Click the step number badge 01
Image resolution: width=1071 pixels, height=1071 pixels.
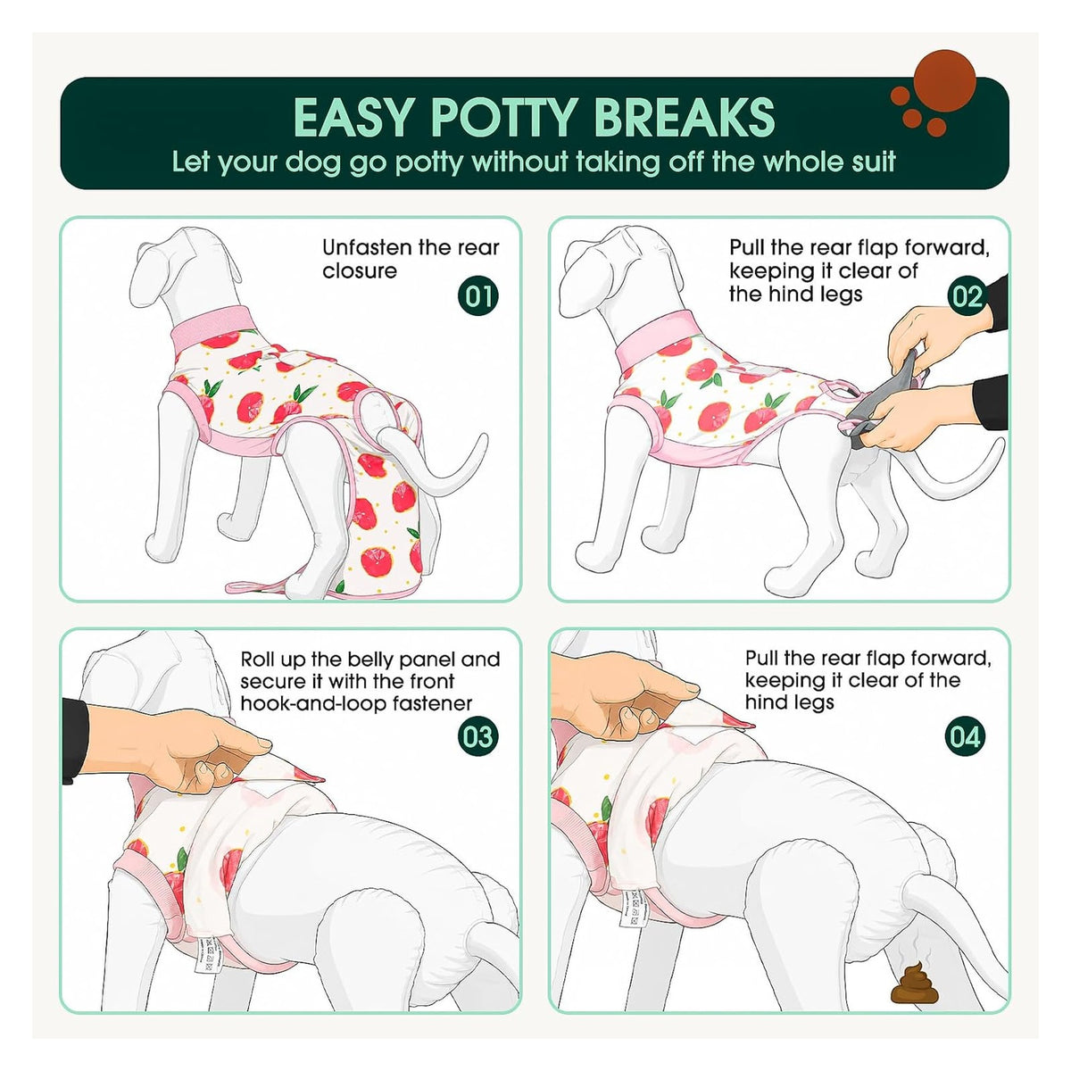click(478, 295)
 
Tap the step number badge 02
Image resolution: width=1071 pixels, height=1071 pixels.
click(967, 295)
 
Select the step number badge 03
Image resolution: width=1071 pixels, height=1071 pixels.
click(478, 737)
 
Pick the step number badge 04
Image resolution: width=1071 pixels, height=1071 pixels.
click(966, 737)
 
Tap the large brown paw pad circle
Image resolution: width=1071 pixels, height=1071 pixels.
click(944, 81)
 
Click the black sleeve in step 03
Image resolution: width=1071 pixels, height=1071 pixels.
click(75, 740)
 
